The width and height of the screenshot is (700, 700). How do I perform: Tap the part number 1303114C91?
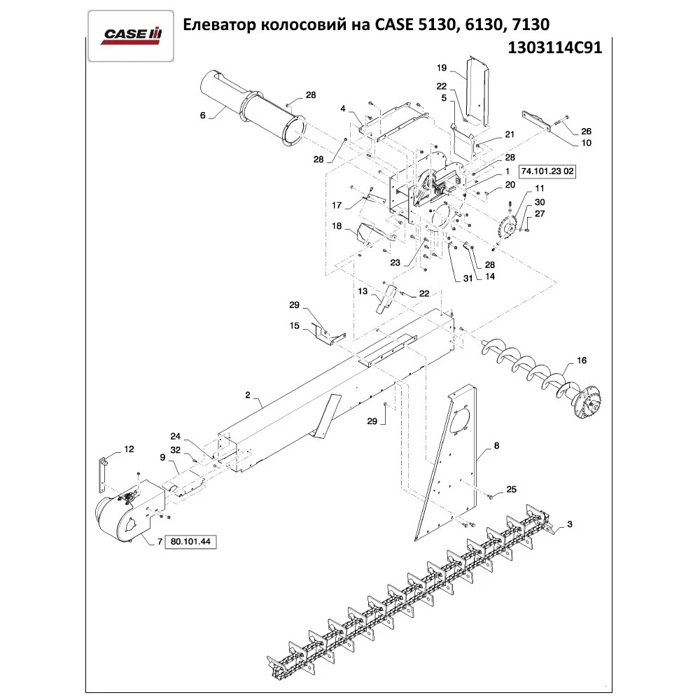tap(551, 50)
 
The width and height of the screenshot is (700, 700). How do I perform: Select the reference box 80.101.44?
tap(190, 542)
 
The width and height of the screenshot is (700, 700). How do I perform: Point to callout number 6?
tap(202, 115)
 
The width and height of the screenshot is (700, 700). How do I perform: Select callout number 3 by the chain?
tap(570, 524)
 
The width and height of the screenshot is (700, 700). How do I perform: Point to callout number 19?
tap(442, 68)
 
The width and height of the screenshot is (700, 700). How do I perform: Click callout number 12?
tap(129, 448)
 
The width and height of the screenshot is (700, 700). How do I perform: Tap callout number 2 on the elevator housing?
tap(248, 395)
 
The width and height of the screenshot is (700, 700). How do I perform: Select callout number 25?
tap(511, 489)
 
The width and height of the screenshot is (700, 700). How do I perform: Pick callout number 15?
tap(295, 325)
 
